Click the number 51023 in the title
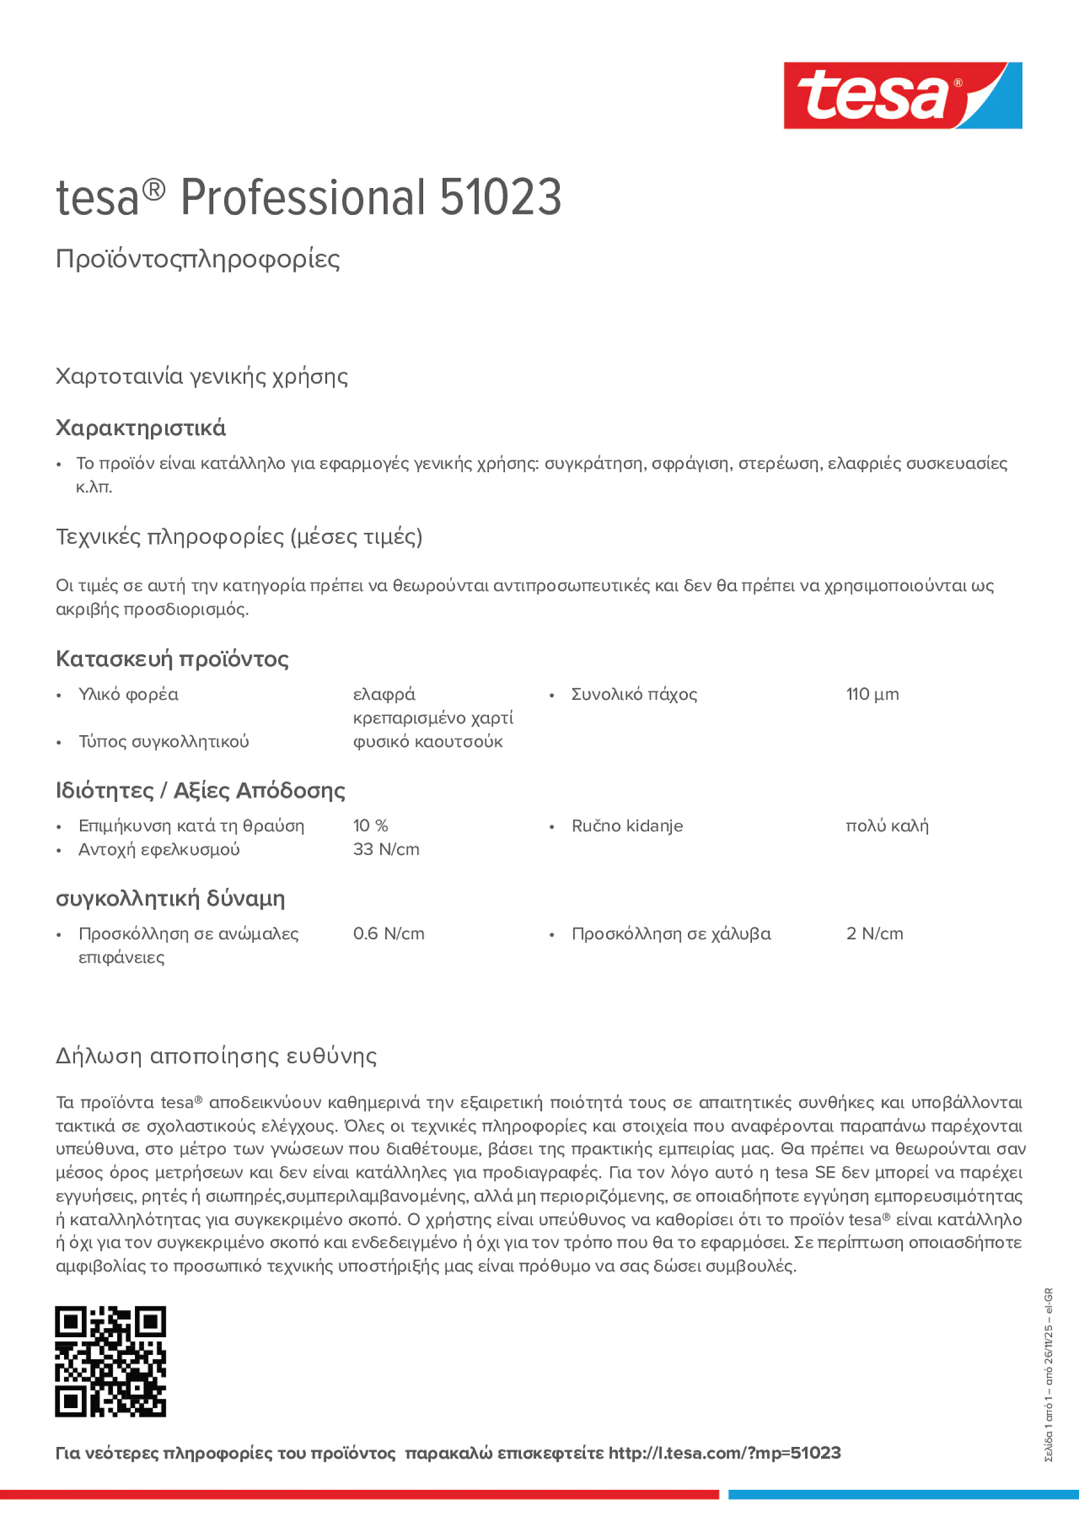tap(500, 198)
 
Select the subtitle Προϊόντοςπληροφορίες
tap(198, 259)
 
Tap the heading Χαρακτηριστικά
tap(140, 428)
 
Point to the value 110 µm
tap(871, 695)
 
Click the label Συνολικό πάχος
tap(634, 695)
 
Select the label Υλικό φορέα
tap(129, 695)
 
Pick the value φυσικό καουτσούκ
tap(427, 741)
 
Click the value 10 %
tap(370, 826)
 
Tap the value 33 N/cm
tap(386, 850)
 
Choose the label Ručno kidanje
tap(627, 826)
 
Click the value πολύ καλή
tap(886, 826)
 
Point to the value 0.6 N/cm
tap(388, 934)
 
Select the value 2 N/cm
tap(874, 934)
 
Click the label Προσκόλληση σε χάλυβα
tap(671, 934)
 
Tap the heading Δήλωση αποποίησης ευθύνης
tap(216, 1056)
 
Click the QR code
tap(110, 1361)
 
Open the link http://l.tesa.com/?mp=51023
tap(724, 1453)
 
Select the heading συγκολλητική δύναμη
tap(170, 899)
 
